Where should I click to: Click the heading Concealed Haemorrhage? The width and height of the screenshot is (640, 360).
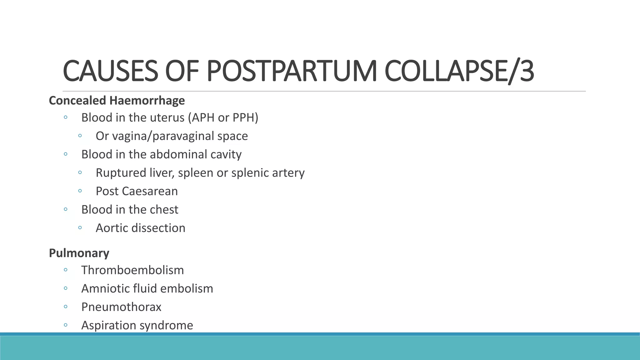[117, 101]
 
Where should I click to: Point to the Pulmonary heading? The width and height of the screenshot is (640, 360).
[79, 253]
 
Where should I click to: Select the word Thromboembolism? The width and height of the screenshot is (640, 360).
[132, 270]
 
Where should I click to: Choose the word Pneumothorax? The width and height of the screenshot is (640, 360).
[121, 307]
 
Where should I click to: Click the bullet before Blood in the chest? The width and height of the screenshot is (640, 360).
[66, 209]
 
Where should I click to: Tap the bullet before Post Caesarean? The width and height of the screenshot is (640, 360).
[80, 191]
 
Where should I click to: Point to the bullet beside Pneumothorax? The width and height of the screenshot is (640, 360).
[66, 307]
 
